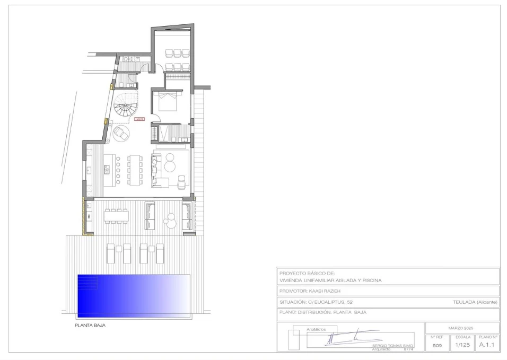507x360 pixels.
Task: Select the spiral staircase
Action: [125, 109]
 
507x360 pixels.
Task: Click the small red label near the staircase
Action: [139, 119]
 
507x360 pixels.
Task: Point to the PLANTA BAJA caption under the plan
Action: [90, 326]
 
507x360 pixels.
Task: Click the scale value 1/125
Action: [463, 345]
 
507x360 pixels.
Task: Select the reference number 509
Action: [437, 345]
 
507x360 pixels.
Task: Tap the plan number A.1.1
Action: [487, 345]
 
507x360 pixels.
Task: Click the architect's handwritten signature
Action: [350, 338]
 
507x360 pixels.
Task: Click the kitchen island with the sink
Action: [108, 170]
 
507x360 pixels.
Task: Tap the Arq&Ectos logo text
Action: [316, 330]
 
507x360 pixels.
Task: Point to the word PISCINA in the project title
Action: [370, 280]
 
